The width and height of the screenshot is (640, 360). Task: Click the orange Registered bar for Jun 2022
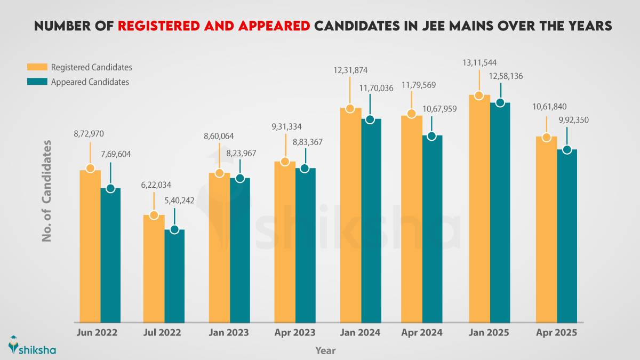[x=90, y=245]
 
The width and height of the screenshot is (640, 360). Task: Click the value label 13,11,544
[x=479, y=63]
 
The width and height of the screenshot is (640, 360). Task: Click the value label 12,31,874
[x=349, y=70]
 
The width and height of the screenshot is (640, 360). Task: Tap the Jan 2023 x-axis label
[x=229, y=332]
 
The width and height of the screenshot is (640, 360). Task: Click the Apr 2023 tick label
[x=295, y=332]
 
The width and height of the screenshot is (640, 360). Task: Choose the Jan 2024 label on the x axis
[x=360, y=332]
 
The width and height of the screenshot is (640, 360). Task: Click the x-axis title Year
[x=325, y=350]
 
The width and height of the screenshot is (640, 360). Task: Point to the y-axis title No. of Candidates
[x=47, y=191]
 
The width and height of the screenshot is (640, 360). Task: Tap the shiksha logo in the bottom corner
[x=32, y=346]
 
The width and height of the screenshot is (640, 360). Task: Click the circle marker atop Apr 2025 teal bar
[x=567, y=150]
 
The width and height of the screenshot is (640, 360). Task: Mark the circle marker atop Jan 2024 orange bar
[x=350, y=108]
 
